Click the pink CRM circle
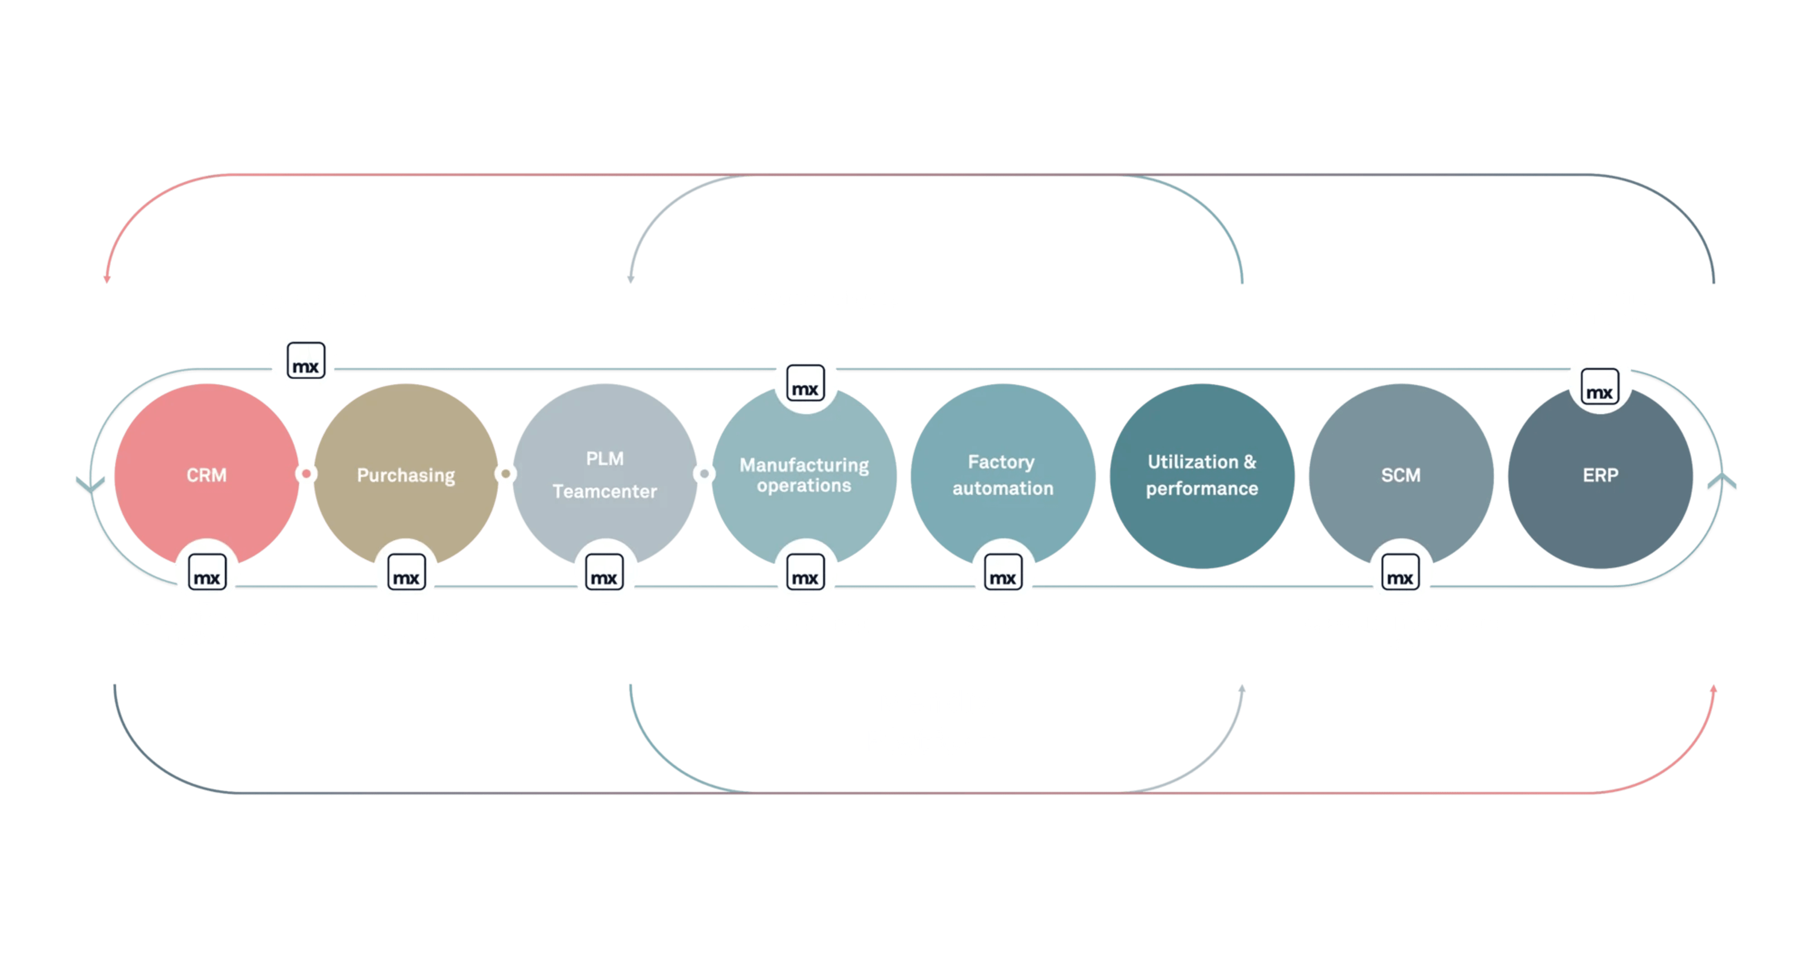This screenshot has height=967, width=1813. (206, 475)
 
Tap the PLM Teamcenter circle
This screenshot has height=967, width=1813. (605, 475)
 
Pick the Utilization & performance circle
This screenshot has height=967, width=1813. (1202, 475)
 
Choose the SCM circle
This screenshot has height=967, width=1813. (1400, 475)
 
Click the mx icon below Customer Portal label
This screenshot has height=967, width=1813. (304, 360)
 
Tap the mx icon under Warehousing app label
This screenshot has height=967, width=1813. (805, 382)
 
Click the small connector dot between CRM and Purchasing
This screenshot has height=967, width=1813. (306, 474)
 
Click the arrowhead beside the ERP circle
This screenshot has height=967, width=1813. (1722, 482)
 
